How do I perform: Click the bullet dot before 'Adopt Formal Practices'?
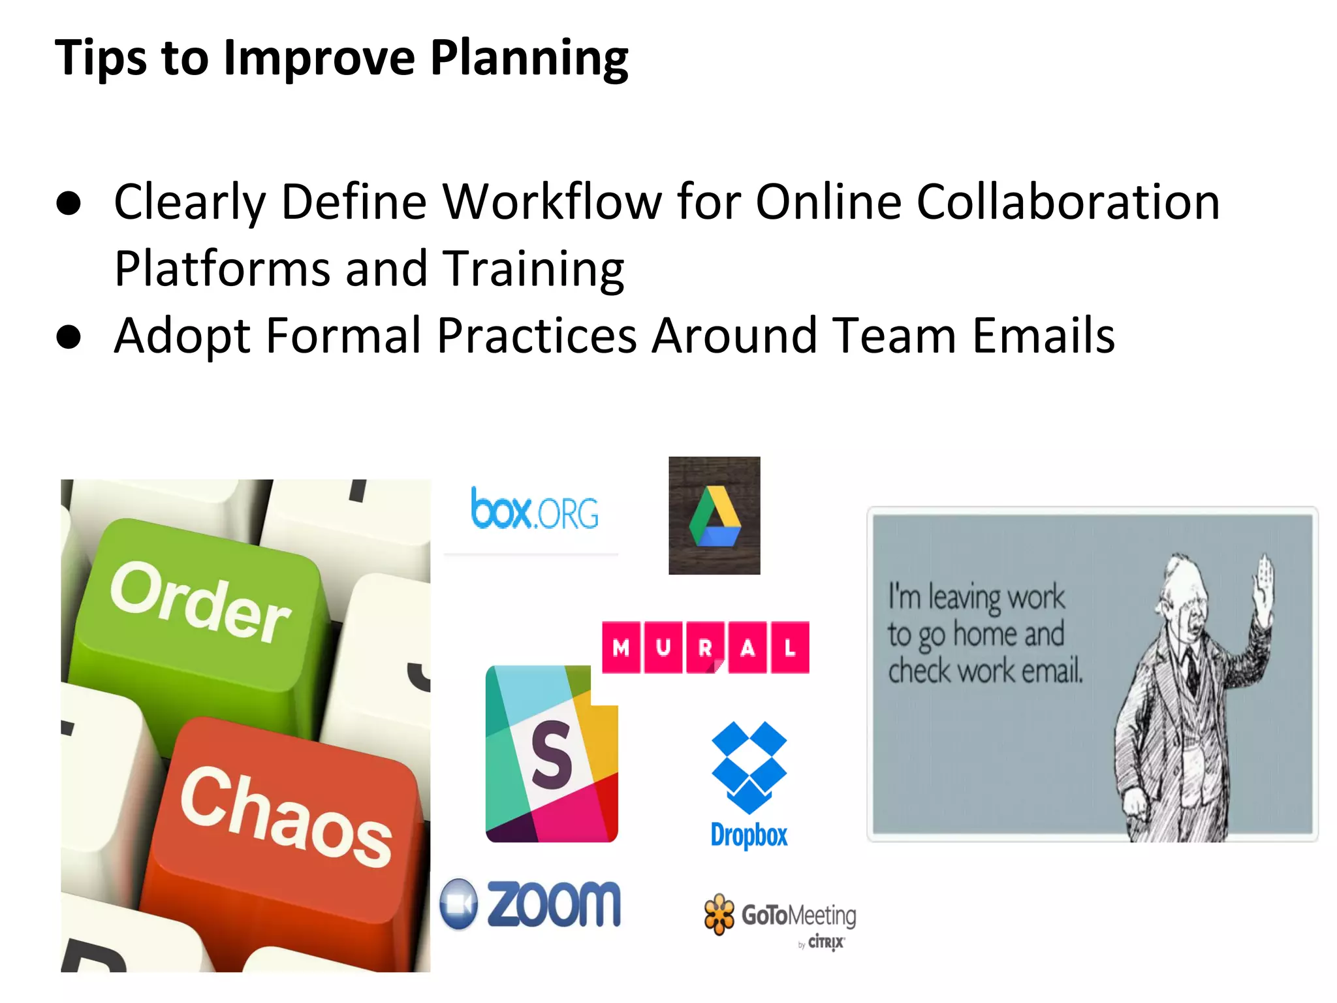[x=69, y=337]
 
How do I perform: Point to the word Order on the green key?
[x=200, y=601]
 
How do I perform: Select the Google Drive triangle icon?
[x=715, y=517]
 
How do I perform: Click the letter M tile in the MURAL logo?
[x=621, y=647]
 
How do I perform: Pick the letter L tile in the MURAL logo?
[x=790, y=647]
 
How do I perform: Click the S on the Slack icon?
[x=552, y=755]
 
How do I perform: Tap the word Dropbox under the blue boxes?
[x=749, y=835]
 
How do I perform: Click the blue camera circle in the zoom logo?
[x=459, y=904]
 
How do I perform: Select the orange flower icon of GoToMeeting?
[x=719, y=914]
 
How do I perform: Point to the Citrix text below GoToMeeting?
[x=826, y=942]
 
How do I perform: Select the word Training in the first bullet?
[x=533, y=268]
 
